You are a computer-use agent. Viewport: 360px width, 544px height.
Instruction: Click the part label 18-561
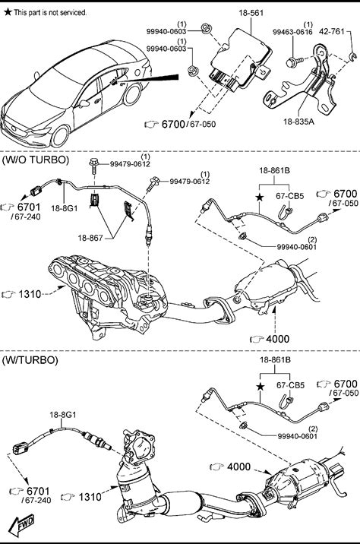251,13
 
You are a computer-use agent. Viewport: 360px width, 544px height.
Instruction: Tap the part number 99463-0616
292,32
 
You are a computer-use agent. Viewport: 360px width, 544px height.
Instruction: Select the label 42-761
332,32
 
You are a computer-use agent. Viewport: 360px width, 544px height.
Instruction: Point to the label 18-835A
298,122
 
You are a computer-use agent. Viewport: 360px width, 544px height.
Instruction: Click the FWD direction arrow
21,523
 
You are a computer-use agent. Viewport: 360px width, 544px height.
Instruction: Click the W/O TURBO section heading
36,160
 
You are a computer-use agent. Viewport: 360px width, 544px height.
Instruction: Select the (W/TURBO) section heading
30,360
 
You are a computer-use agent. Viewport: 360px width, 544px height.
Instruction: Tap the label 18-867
90,238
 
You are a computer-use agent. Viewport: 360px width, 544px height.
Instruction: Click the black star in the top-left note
8,12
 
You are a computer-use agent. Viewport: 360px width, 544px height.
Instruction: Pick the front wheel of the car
60,136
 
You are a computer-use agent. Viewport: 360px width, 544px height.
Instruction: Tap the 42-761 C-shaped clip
352,56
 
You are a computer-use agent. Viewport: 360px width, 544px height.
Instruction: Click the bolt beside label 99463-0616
295,62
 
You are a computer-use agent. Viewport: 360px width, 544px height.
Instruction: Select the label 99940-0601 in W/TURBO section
298,436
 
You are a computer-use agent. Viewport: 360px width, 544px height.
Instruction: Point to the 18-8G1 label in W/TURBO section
63,414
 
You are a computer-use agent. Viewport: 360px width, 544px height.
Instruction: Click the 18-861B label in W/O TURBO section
275,170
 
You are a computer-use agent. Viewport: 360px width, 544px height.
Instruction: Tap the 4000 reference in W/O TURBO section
276,339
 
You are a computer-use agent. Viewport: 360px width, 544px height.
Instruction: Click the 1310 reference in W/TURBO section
90,497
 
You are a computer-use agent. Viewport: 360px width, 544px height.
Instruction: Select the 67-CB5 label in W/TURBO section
291,385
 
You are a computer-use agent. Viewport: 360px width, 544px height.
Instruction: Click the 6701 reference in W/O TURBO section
29,207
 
